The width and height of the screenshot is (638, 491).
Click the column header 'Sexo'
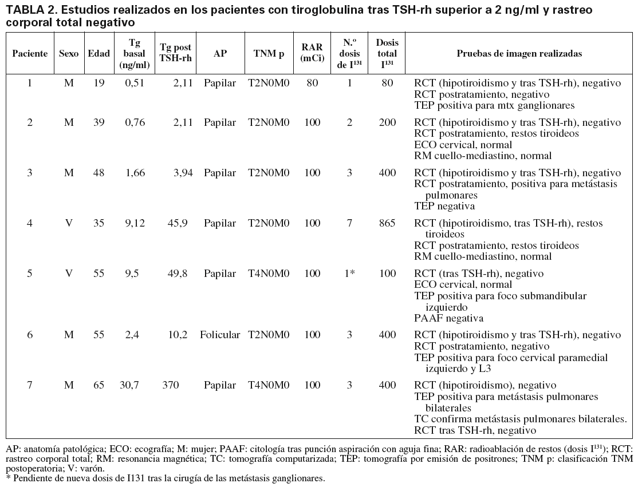(69, 53)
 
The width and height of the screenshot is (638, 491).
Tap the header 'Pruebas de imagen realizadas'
(519, 53)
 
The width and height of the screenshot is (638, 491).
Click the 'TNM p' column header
(269, 53)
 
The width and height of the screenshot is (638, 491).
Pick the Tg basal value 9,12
(135, 223)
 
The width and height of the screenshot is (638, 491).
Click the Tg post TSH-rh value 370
(172, 385)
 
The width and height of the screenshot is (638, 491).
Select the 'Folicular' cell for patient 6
(219, 335)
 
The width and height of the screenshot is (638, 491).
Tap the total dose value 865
(387, 223)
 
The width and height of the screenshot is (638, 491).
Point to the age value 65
(99, 385)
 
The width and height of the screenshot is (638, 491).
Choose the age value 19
(99, 83)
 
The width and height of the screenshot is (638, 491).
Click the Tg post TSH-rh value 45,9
(177, 223)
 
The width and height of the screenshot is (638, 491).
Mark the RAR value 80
(312, 83)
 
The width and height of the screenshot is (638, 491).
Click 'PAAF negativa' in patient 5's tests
(449, 318)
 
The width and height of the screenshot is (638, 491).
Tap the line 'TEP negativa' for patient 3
(444, 206)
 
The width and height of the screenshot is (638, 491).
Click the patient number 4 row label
(30, 223)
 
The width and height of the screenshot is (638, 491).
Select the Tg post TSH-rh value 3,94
(177, 173)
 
